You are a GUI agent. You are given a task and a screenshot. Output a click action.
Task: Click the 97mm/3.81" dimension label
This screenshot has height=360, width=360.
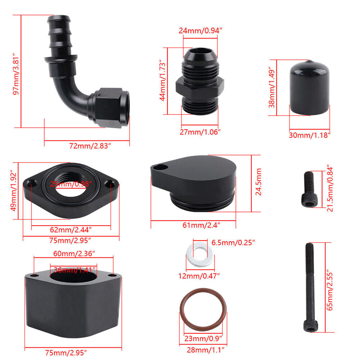click(x=17, y=74)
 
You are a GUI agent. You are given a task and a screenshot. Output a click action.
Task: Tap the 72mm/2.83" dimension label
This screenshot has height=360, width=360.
click(x=90, y=146)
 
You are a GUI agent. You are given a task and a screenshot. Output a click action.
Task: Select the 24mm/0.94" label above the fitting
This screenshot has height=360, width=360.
click(x=201, y=31)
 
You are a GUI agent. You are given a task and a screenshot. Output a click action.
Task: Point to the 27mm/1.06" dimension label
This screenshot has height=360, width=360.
click(x=200, y=132)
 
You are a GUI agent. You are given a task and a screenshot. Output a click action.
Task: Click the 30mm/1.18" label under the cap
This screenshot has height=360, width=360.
click(x=309, y=135)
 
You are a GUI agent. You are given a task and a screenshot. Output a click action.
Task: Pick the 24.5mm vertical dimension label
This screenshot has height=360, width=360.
click(x=258, y=182)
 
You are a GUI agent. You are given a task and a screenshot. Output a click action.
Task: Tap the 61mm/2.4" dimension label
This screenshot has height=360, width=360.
click(x=201, y=225)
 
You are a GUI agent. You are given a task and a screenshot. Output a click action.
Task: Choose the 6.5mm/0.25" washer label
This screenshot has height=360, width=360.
click(x=233, y=242)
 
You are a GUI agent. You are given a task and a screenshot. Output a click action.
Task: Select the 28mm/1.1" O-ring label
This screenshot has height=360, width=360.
click(x=205, y=350)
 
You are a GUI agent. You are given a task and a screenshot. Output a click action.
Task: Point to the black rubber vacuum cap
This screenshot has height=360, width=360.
click(x=309, y=88)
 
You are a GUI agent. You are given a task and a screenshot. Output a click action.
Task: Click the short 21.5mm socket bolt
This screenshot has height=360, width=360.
click(x=309, y=189)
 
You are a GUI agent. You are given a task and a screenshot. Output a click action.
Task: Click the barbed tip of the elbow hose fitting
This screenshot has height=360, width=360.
click(x=59, y=19)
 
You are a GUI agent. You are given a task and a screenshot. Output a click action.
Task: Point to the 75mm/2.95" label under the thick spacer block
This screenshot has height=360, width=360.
click(x=66, y=352)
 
